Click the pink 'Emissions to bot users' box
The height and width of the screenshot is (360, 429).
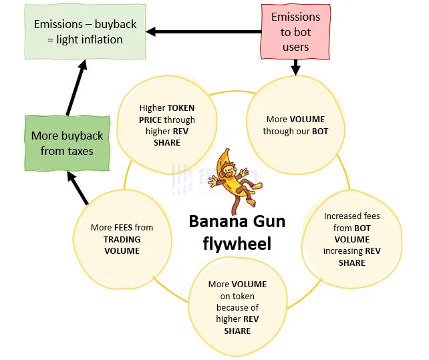point(295,31)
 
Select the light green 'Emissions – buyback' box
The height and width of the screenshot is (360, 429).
point(85,31)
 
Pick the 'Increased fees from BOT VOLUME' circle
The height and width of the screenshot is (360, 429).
point(351,239)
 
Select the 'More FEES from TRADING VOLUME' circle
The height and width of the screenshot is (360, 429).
point(122,238)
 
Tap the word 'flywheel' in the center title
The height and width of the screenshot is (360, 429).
point(237,244)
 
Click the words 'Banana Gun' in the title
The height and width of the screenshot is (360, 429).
point(237,222)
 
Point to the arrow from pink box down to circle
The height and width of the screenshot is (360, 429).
point(295,66)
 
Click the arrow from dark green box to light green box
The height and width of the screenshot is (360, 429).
point(76,87)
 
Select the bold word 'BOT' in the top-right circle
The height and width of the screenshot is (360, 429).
point(319,132)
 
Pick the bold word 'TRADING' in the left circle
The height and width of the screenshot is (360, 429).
point(122,239)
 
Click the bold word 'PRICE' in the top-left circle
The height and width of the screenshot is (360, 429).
point(153,120)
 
